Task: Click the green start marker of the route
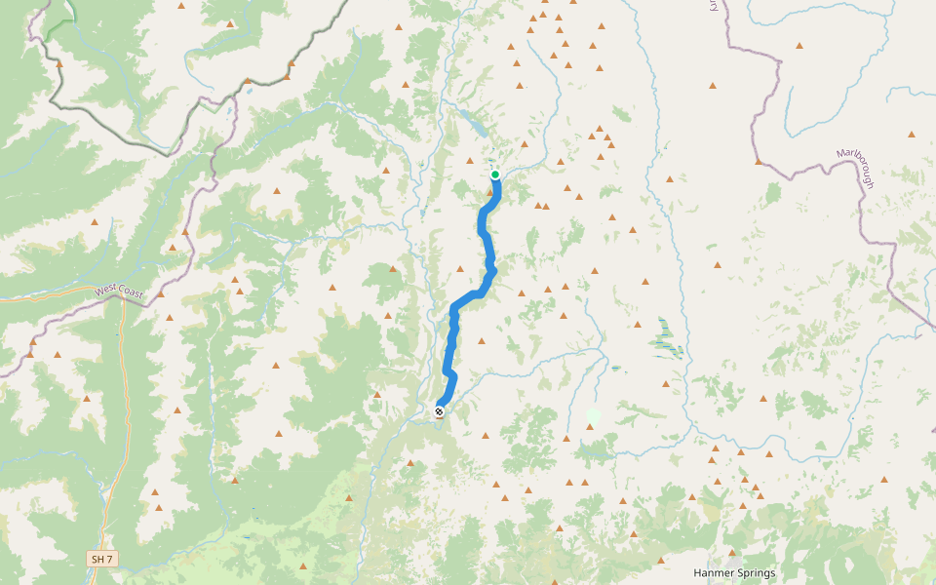(495, 175)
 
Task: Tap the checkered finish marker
(440, 411)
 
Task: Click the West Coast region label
(119, 291)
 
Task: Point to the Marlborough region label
(856, 169)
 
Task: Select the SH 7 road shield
(101, 559)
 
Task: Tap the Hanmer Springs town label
(734, 573)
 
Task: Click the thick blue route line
(453, 331)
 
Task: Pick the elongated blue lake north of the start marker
(475, 123)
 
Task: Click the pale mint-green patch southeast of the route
(593, 416)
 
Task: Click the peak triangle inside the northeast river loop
(799, 46)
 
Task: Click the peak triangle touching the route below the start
(489, 192)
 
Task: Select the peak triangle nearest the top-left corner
(59, 64)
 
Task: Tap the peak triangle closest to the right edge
(912, 134)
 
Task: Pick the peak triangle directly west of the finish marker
(376, 395)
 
